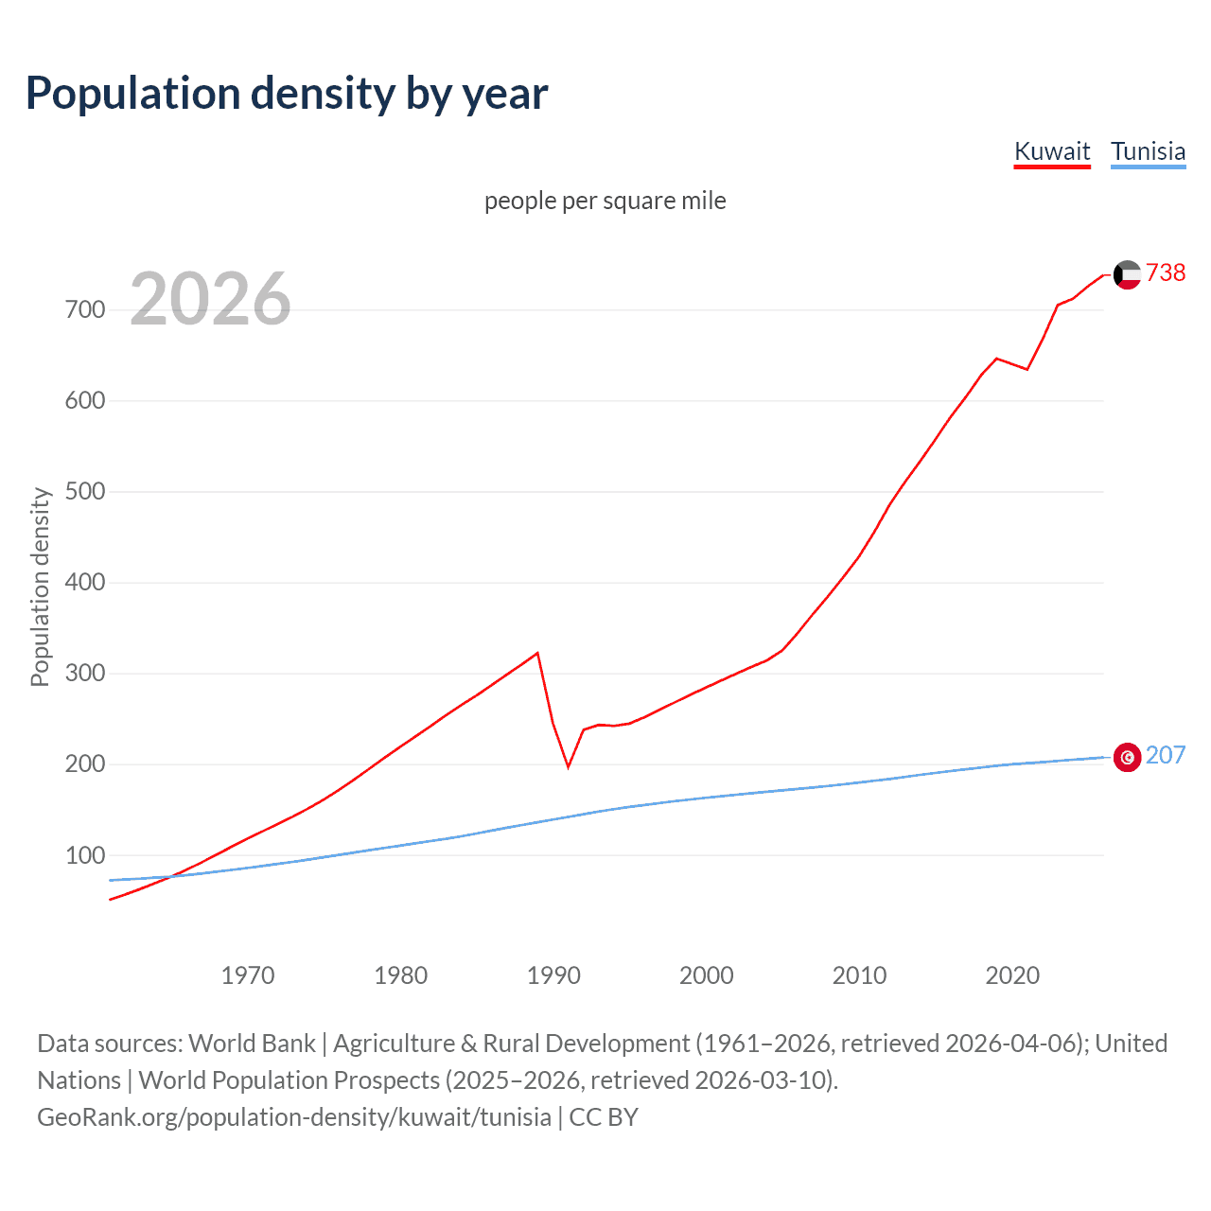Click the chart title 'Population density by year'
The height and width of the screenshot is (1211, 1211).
click(287, 94)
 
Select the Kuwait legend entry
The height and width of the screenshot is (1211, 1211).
click(1052, 151)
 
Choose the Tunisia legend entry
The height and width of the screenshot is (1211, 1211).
click(1148, 151)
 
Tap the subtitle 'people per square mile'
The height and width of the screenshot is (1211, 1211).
click(605, 201)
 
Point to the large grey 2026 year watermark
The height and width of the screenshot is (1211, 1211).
click(210, 299)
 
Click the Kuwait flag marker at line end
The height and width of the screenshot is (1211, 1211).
click(1127, 274)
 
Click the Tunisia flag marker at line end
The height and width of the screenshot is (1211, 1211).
click(1127, 757)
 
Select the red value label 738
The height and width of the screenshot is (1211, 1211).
click(1166, 272)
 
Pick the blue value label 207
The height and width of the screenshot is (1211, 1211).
click(1166, 755)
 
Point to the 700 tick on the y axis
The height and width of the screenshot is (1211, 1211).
click(85, 310)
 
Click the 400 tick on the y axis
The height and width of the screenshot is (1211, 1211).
click(85, 583)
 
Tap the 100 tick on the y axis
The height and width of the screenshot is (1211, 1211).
click(85, 855)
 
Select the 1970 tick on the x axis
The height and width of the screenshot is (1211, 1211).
click(248, 975)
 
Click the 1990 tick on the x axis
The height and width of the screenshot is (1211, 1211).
click(553, 975)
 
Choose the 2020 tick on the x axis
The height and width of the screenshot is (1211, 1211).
click(1012, 975)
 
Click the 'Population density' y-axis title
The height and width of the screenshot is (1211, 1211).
click(40, 587)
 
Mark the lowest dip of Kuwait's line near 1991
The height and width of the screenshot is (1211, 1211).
click(568, 766)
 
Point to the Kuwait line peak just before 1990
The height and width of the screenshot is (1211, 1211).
click(537, 653)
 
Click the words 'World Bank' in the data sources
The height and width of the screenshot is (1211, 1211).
click(252, 1044)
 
